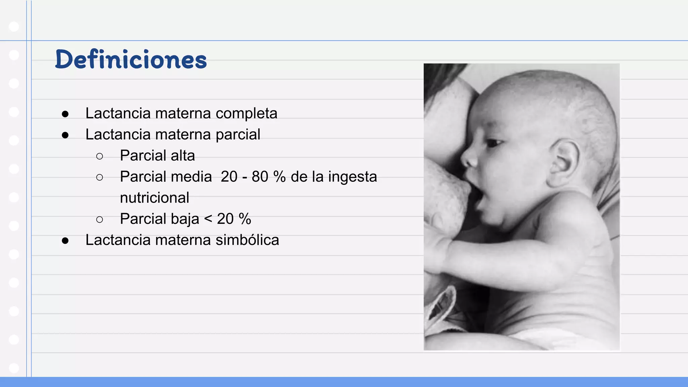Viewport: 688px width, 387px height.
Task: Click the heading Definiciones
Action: click(131, 59)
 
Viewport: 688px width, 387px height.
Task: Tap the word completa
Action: click(246, 114)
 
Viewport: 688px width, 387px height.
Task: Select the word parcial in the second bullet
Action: click(238, 135)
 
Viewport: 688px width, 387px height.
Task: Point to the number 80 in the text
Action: click(260, 177)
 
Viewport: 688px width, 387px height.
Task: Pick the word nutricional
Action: click(155, 198)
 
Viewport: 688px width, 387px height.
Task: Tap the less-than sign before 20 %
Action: click(208, 219)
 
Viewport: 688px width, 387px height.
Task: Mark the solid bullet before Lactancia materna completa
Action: click(65, 114)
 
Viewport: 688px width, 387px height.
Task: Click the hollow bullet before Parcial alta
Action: click(99, 156)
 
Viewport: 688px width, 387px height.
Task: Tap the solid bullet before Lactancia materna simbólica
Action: click(65, 241)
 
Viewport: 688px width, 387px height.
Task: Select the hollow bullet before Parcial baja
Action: click(99, 220)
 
